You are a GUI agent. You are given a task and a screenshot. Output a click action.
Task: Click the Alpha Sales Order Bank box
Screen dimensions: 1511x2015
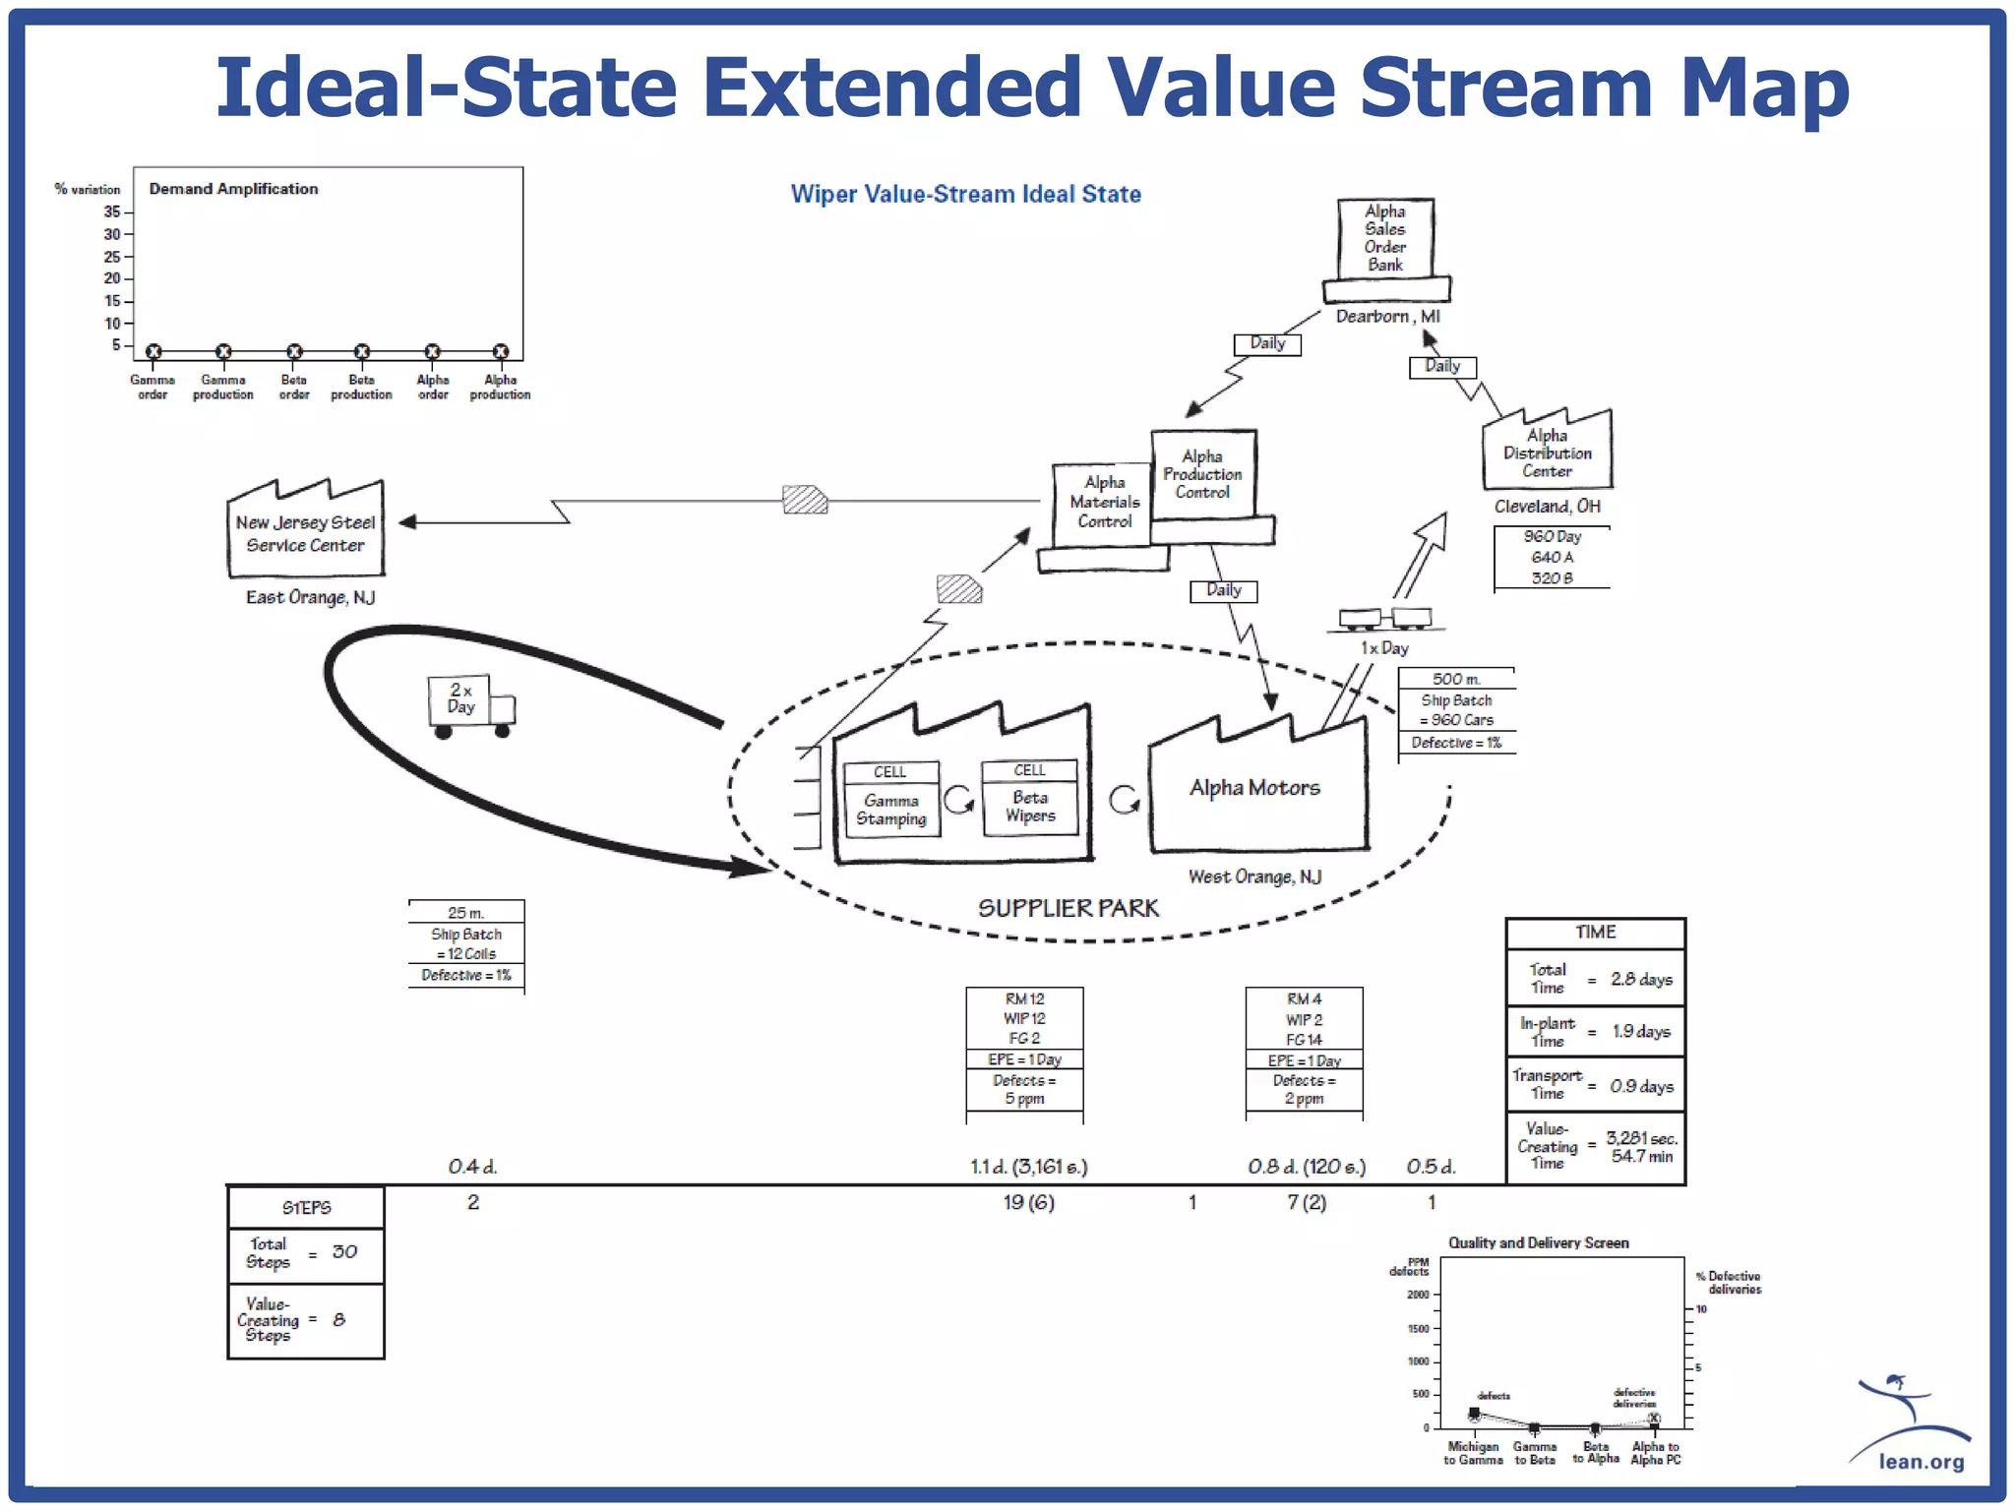click(x=1385, y=239)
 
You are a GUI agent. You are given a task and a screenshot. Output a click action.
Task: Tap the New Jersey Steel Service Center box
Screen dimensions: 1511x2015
click(x=305, y=532)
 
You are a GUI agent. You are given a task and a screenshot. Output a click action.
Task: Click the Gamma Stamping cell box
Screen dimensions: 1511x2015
click(x=891, y=800)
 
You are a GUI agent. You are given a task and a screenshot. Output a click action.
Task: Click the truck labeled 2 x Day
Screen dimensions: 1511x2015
click(x=469, y=704)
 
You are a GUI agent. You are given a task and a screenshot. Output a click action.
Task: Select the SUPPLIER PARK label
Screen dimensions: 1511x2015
click(x=1068, y=908)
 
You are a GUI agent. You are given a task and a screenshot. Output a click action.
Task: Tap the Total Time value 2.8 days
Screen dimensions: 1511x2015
click(x=1641, y=979)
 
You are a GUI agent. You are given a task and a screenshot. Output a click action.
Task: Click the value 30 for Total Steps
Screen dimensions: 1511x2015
click(x=344, y=1252)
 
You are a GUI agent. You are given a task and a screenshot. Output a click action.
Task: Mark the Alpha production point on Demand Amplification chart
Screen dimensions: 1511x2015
click(x=501, y=351)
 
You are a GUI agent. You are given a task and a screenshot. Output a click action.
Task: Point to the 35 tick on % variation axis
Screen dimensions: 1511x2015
click(x=113, y=212)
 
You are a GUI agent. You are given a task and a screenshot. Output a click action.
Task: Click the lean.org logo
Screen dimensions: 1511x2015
click(x=1913, y=1426)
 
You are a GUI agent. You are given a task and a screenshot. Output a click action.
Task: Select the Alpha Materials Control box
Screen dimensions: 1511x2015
click(x=1104, y=503)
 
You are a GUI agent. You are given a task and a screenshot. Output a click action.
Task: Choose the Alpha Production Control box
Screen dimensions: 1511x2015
click(x=1202, y=474)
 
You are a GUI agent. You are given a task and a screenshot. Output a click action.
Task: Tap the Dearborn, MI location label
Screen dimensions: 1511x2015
click(x=1387, y=317)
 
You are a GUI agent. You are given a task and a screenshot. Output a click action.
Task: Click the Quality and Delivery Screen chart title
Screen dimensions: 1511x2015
click(x=1538, y=1243)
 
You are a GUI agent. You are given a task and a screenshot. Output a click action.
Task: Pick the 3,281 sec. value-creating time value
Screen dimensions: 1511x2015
click(x=1641, y=1138)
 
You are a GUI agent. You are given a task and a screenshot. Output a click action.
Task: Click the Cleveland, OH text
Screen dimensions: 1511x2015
click(x=1547, y=507)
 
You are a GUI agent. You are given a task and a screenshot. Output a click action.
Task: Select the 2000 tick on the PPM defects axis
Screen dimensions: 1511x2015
click(x=1418, y=1295)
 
